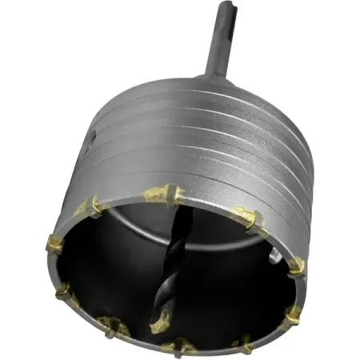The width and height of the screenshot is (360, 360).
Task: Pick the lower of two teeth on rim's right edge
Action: point(294,314)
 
